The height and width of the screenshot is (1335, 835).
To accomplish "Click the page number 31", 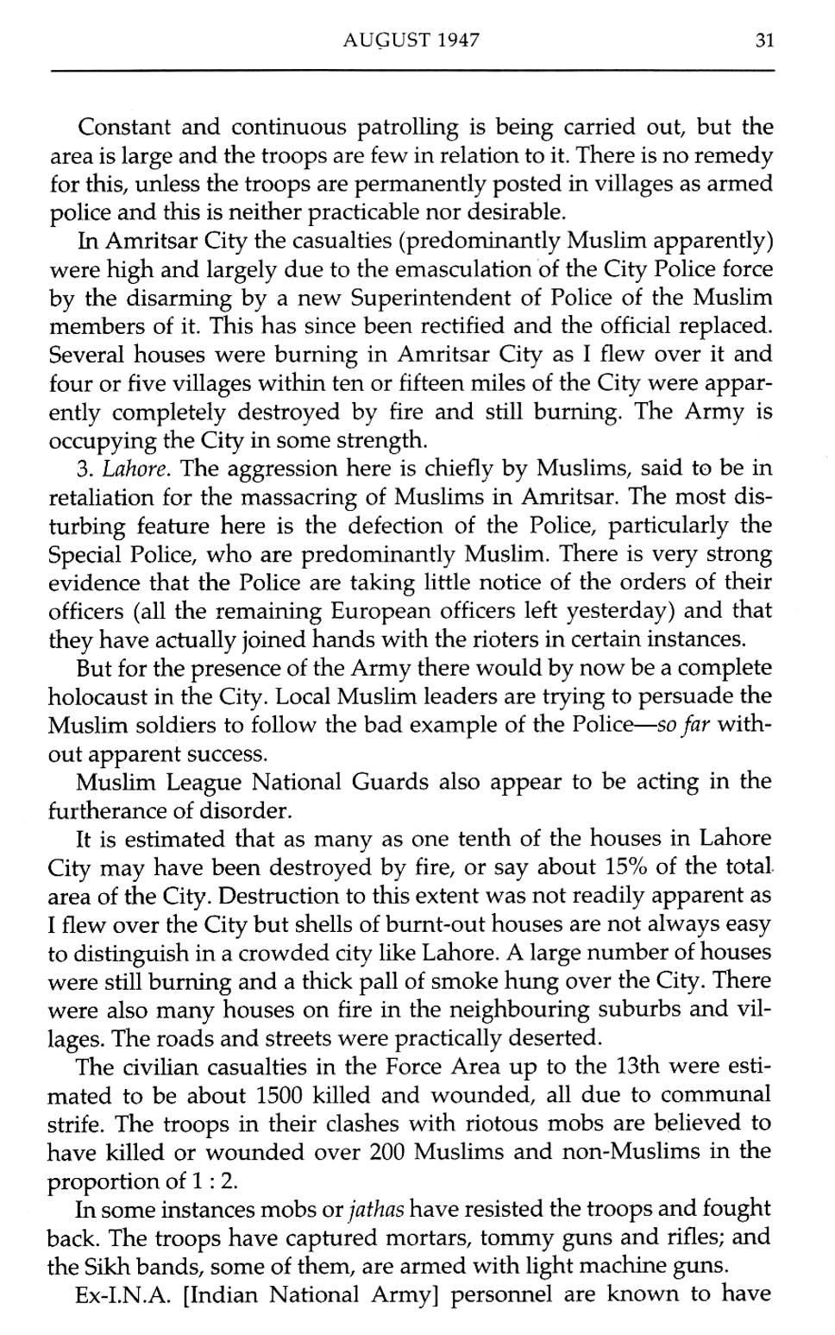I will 763,41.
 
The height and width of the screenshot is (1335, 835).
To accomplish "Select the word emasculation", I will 460,269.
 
